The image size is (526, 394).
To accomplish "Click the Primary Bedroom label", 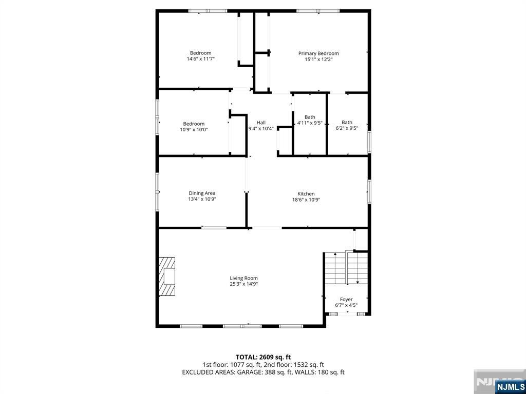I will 318,53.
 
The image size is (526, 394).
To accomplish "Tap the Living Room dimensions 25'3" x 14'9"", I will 243,284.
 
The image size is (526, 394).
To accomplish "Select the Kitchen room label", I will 306,194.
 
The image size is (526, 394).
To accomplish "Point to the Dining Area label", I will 202,193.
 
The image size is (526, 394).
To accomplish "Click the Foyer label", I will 346,299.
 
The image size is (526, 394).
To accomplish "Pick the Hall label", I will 261,123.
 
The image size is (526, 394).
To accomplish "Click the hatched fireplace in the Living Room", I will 167,276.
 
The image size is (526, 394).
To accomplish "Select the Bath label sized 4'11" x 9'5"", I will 310,117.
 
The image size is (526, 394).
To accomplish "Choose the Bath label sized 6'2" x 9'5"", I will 347,122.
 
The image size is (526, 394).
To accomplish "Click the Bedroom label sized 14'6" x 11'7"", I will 200,53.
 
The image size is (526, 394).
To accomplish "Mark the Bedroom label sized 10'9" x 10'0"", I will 194,124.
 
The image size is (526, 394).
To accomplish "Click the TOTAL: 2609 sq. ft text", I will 263,357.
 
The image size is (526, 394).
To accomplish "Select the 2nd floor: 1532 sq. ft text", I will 299,364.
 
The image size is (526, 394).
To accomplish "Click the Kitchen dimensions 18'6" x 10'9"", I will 306,200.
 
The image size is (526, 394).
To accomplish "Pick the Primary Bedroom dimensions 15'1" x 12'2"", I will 318,60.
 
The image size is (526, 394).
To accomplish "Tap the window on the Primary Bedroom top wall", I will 317,11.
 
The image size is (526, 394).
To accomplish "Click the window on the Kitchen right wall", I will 368,191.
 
